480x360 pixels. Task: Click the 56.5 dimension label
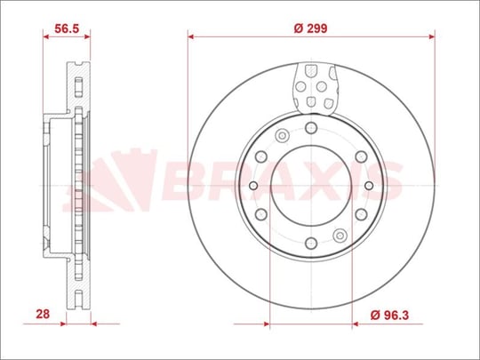click(67, 28)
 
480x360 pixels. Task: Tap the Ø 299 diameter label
click(310, 28)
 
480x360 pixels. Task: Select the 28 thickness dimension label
click(43, 314)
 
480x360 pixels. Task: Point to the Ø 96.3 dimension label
click(389, 315)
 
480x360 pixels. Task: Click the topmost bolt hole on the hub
click(311, 127)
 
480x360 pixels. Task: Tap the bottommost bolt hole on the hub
click(311, 244)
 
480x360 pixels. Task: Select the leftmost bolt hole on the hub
click(253, 186)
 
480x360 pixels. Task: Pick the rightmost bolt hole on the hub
click(369, 186)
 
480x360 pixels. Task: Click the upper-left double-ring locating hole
click(283, 135)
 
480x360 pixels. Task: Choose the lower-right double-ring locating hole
click(340, 236)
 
